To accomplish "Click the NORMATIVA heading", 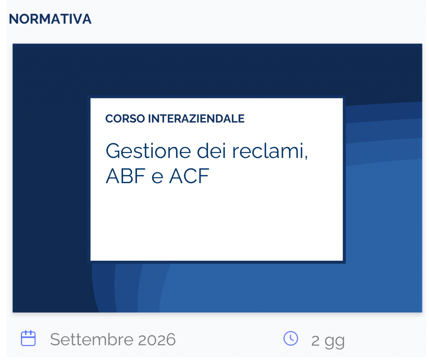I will tap(50, 19).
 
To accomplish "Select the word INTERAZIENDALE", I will tap(196, 119).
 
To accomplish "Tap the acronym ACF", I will tap(189, 176).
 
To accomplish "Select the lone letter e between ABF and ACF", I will tap(157, 178).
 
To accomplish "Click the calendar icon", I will tap(28, 338).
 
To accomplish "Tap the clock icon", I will tap(291, 338).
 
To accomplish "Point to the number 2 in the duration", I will tap(315, 340).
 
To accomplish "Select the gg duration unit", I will tap(335, 341).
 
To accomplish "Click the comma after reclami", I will tap(306, 157).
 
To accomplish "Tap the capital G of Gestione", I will tap(113, 151).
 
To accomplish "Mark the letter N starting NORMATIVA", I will tap(13, 19).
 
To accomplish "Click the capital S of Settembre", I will tap(54, 339).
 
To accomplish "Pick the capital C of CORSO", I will tap(109, 119).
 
